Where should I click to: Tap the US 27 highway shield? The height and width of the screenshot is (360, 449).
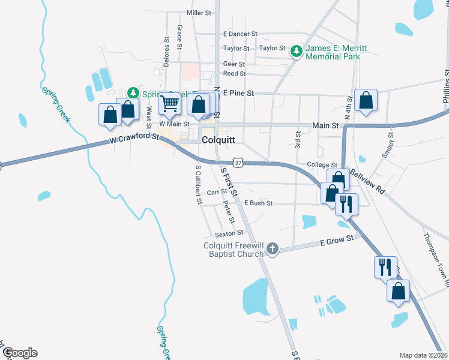238,163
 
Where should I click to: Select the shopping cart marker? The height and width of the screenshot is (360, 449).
169,104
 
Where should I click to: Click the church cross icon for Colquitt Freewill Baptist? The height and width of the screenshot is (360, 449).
273,248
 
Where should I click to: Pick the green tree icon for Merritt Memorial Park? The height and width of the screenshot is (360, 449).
296,52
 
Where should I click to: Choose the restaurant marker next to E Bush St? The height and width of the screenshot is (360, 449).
346,204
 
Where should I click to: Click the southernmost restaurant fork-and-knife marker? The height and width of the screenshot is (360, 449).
385,266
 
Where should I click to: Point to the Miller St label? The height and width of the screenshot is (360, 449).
199,13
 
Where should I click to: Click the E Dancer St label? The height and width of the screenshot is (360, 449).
240,34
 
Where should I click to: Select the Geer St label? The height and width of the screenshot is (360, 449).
234,64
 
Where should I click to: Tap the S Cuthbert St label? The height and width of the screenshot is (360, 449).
198,185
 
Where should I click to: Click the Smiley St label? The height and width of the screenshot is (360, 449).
388,145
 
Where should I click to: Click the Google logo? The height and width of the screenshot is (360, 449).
19,353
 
